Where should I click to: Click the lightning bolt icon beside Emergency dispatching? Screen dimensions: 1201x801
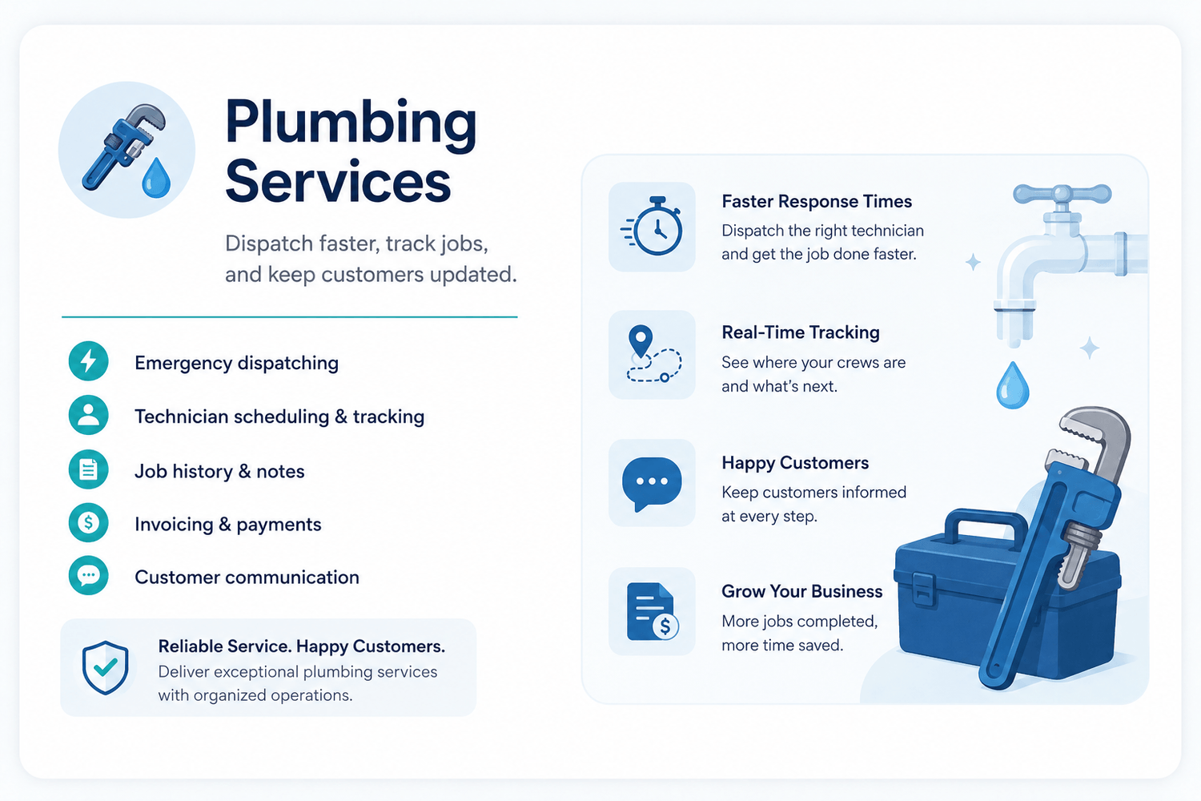88,361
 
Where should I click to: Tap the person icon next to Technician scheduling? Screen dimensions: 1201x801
88,415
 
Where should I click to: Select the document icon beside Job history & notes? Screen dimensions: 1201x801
88,469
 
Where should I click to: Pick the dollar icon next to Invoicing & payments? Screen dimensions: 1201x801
88,522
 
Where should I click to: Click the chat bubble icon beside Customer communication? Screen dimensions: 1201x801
88,576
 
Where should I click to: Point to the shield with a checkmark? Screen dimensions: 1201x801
105,667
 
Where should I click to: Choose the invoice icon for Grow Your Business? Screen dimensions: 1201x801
653,612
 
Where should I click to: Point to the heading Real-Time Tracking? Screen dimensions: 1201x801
801,332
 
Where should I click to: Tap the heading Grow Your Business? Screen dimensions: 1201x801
801,591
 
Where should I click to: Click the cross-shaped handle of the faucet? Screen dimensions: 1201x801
1062,194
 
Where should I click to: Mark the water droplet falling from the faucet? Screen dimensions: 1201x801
1012,385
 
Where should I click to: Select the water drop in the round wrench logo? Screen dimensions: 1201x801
156,178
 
